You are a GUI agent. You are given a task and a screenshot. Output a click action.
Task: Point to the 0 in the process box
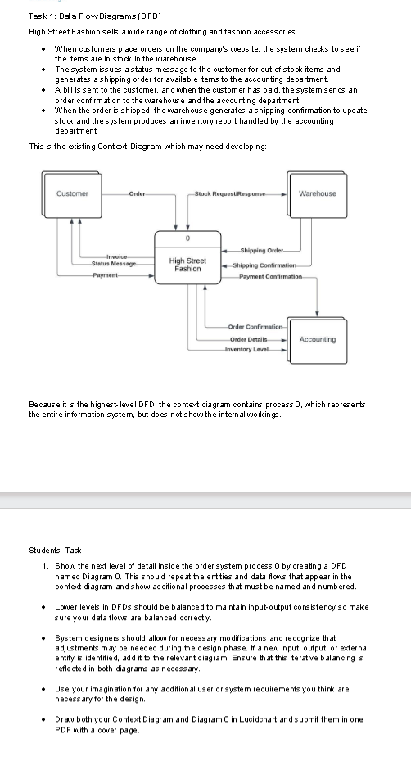pos(187,239)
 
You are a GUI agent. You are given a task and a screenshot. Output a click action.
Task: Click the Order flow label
pos(138,193)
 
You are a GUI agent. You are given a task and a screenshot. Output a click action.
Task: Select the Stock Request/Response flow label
pos(231,193)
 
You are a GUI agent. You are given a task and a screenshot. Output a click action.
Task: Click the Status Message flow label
pos(114,263)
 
